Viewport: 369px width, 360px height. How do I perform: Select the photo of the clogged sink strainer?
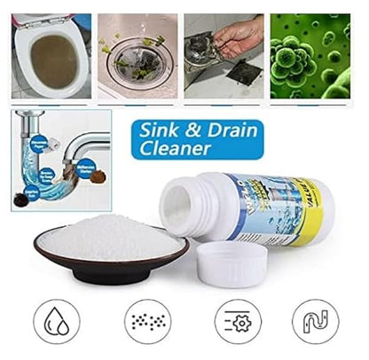coord(135,55)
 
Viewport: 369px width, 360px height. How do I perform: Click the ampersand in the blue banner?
coord(194,129)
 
